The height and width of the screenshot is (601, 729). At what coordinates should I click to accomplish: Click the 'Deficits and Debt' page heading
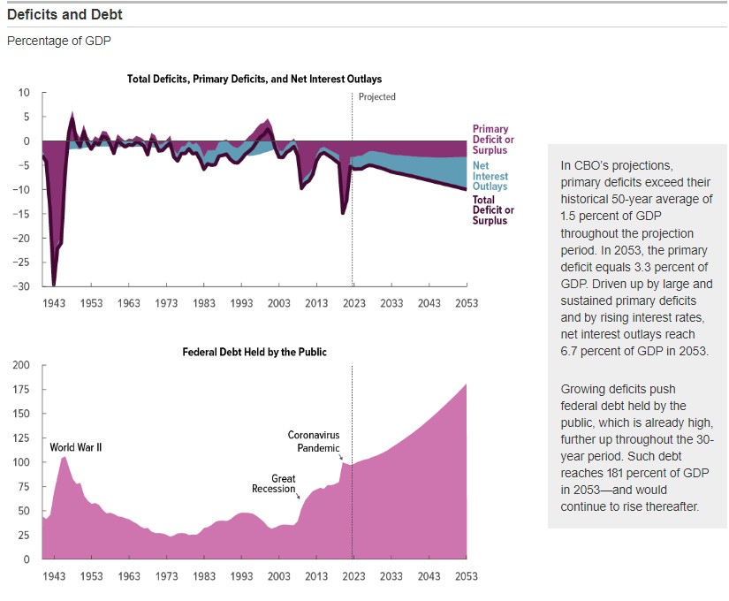[x=65, y=15]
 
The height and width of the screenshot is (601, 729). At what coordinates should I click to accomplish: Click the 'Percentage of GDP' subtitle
[x=59, y=41]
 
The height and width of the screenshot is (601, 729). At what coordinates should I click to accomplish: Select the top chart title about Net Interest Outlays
[x=254, y=80]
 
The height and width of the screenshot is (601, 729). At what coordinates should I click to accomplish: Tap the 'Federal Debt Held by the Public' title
[x=254, y=352]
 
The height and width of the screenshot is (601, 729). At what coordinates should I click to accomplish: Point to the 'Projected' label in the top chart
[x=377, y=96]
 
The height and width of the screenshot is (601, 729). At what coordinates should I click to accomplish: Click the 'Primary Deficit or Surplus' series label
[x=493, y=140]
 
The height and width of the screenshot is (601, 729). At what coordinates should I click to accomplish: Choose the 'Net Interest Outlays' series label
[x=490, y=176]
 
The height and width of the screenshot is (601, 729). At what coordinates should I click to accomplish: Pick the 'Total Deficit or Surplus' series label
[x=493, y=210]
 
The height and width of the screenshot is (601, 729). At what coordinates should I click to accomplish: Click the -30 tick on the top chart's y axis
[x=23, y=286]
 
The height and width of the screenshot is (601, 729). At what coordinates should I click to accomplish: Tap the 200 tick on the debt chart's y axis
[x=21, y=365]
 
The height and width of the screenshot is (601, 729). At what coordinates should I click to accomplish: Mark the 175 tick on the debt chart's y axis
[x=21, y=390]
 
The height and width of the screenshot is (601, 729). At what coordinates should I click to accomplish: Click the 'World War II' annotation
[x=76, y=447]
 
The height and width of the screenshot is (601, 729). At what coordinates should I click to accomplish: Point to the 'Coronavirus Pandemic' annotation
[x=314, y=441]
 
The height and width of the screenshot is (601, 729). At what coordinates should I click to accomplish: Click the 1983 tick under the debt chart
[x=204, y=576]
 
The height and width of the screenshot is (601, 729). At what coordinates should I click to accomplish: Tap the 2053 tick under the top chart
[x=466, y=303]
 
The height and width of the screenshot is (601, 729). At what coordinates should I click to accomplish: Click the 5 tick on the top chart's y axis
[x=26, y=117]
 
